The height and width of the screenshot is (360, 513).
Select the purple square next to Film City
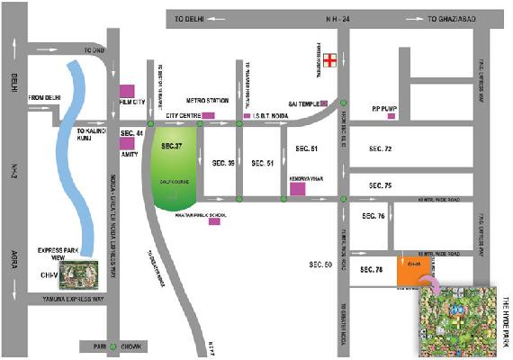pyautogui.click(x=127, y=92)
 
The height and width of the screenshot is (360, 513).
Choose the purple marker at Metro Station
pyautogui.click(x=209, y=116)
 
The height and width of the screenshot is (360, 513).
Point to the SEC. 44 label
pyautogui.click(x=132, y=134)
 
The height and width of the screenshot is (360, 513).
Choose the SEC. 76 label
pyautogui.click(x=373, y=217)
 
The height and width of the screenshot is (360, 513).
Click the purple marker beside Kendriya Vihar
pyautogui.click(x=298, y=190)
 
